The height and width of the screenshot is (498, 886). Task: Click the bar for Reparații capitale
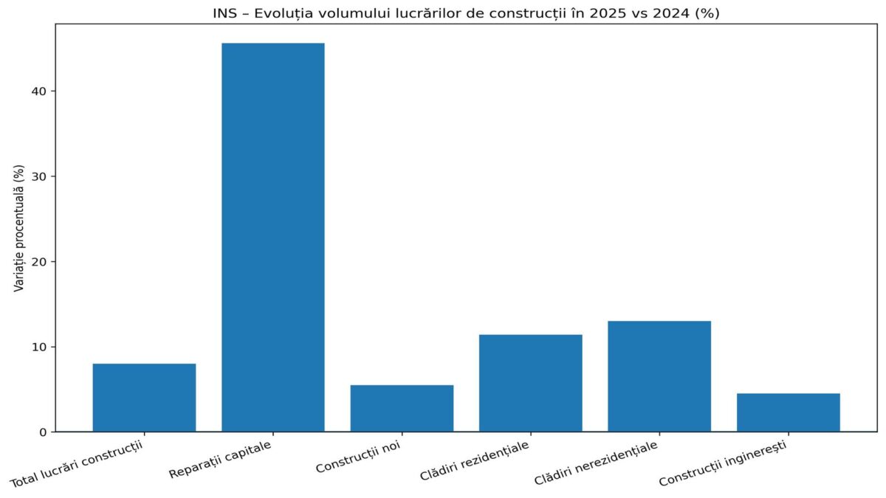point(272,237)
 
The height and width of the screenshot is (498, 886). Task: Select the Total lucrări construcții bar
point(144,398)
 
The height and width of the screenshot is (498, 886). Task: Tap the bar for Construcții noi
point(402,408)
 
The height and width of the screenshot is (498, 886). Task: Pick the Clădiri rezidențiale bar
point(530,383)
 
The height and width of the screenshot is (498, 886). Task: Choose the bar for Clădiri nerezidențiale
point(659,376)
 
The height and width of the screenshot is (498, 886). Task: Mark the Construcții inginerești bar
point(788,412)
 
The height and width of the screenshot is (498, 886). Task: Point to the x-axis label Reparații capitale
point(221,460)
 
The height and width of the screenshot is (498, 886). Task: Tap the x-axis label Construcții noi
point(359,457)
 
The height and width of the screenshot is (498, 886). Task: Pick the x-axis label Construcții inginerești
point(723,465)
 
